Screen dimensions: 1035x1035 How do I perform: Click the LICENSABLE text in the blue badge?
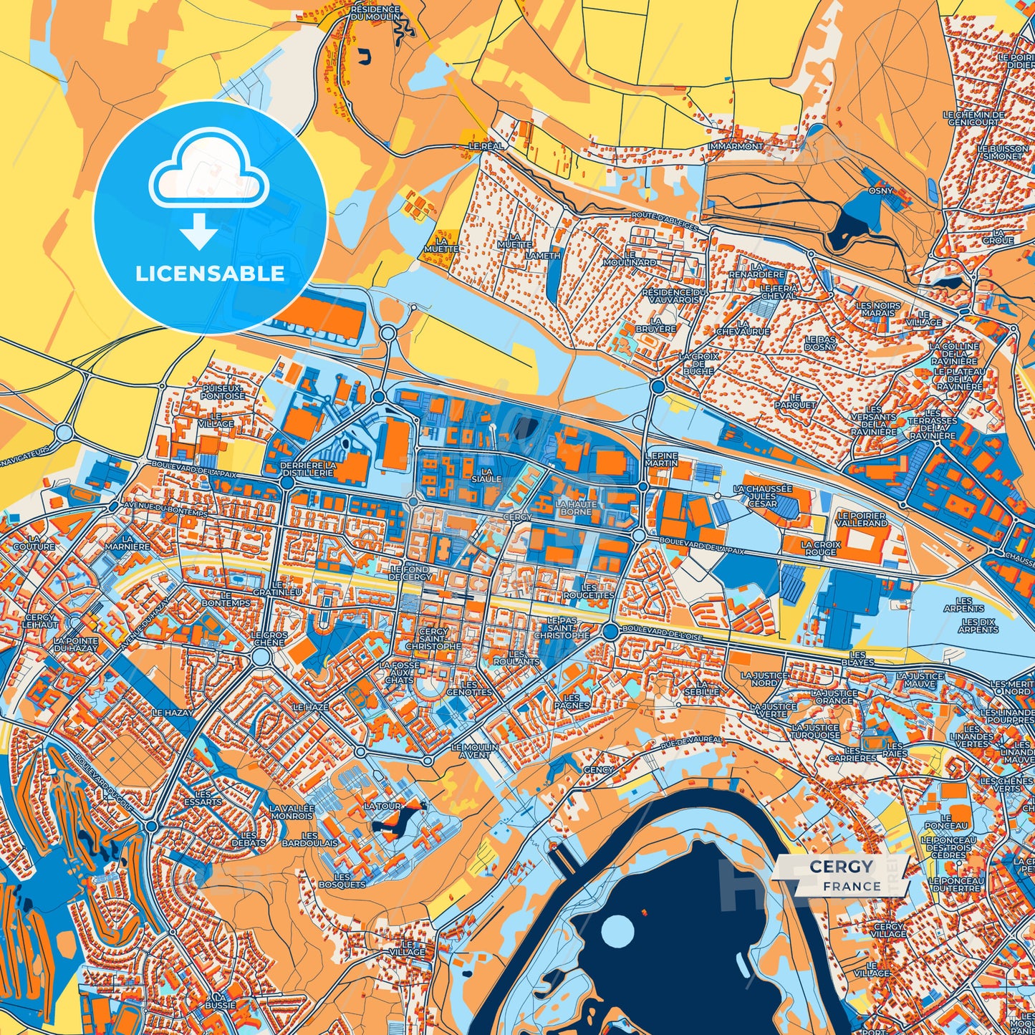tap(210, 274)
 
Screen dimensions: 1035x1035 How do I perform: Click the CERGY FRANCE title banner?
tap(842, 875)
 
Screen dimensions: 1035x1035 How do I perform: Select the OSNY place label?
tap(880, 191)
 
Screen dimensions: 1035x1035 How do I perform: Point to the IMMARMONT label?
tap(735, 146)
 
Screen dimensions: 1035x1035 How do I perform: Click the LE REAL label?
tap(486, 145)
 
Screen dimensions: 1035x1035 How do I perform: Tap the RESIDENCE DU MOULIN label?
tap(375, 13)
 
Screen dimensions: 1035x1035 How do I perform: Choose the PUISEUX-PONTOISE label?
tap(223, 392)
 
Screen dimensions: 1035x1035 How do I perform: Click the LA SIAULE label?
tap(486, 475)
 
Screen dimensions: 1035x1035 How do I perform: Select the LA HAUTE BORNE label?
tap(576, 508)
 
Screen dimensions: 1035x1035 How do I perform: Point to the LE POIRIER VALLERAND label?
tap(862, 519)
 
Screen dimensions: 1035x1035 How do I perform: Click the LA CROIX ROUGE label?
tap(820, 549)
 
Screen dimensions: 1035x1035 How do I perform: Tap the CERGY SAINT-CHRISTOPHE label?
tap(433, 639)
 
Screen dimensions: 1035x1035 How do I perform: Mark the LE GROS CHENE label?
tap(269, 638)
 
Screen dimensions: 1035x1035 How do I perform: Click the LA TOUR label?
tap(382, 806)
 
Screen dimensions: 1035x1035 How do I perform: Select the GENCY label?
tap(598, 770)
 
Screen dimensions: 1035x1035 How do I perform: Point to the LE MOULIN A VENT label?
tap(475, 751)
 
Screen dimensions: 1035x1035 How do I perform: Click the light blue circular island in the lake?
tap(617, 931)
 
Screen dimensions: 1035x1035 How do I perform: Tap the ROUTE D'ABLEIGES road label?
tap(664, 220)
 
